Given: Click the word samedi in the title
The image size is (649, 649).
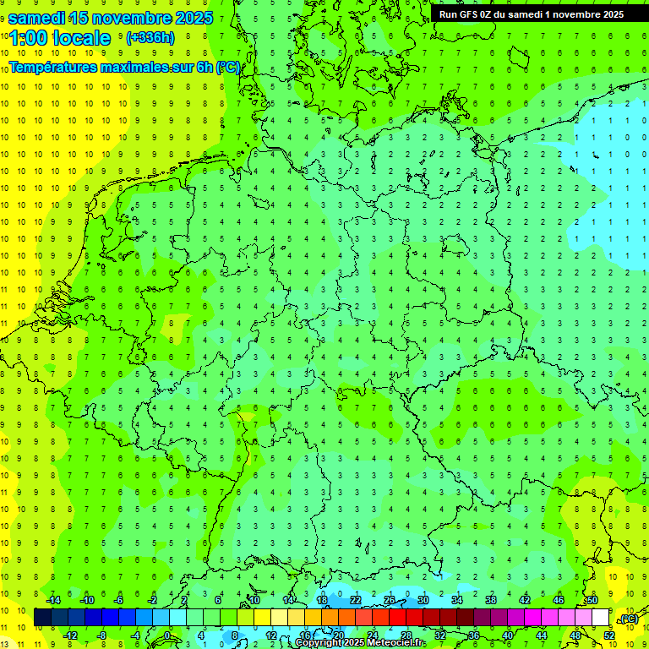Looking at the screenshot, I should click(x=39, y=18).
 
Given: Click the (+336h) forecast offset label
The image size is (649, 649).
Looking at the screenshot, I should click(x=150, y=38).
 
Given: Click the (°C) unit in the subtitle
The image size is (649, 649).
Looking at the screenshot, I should click(x=228, y=66).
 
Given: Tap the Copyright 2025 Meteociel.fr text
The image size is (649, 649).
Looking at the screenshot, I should click(x=359, y=643).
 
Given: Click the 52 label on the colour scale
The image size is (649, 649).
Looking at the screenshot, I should click(x=608, y=635).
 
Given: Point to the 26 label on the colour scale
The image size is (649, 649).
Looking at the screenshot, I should click(x=390, y=600).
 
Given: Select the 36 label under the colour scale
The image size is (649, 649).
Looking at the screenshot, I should click(x=473, y=635).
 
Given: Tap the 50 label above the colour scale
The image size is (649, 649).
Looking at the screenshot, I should click(x=592, y=600).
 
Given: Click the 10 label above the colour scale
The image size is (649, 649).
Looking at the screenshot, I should click(x=254, y=600).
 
